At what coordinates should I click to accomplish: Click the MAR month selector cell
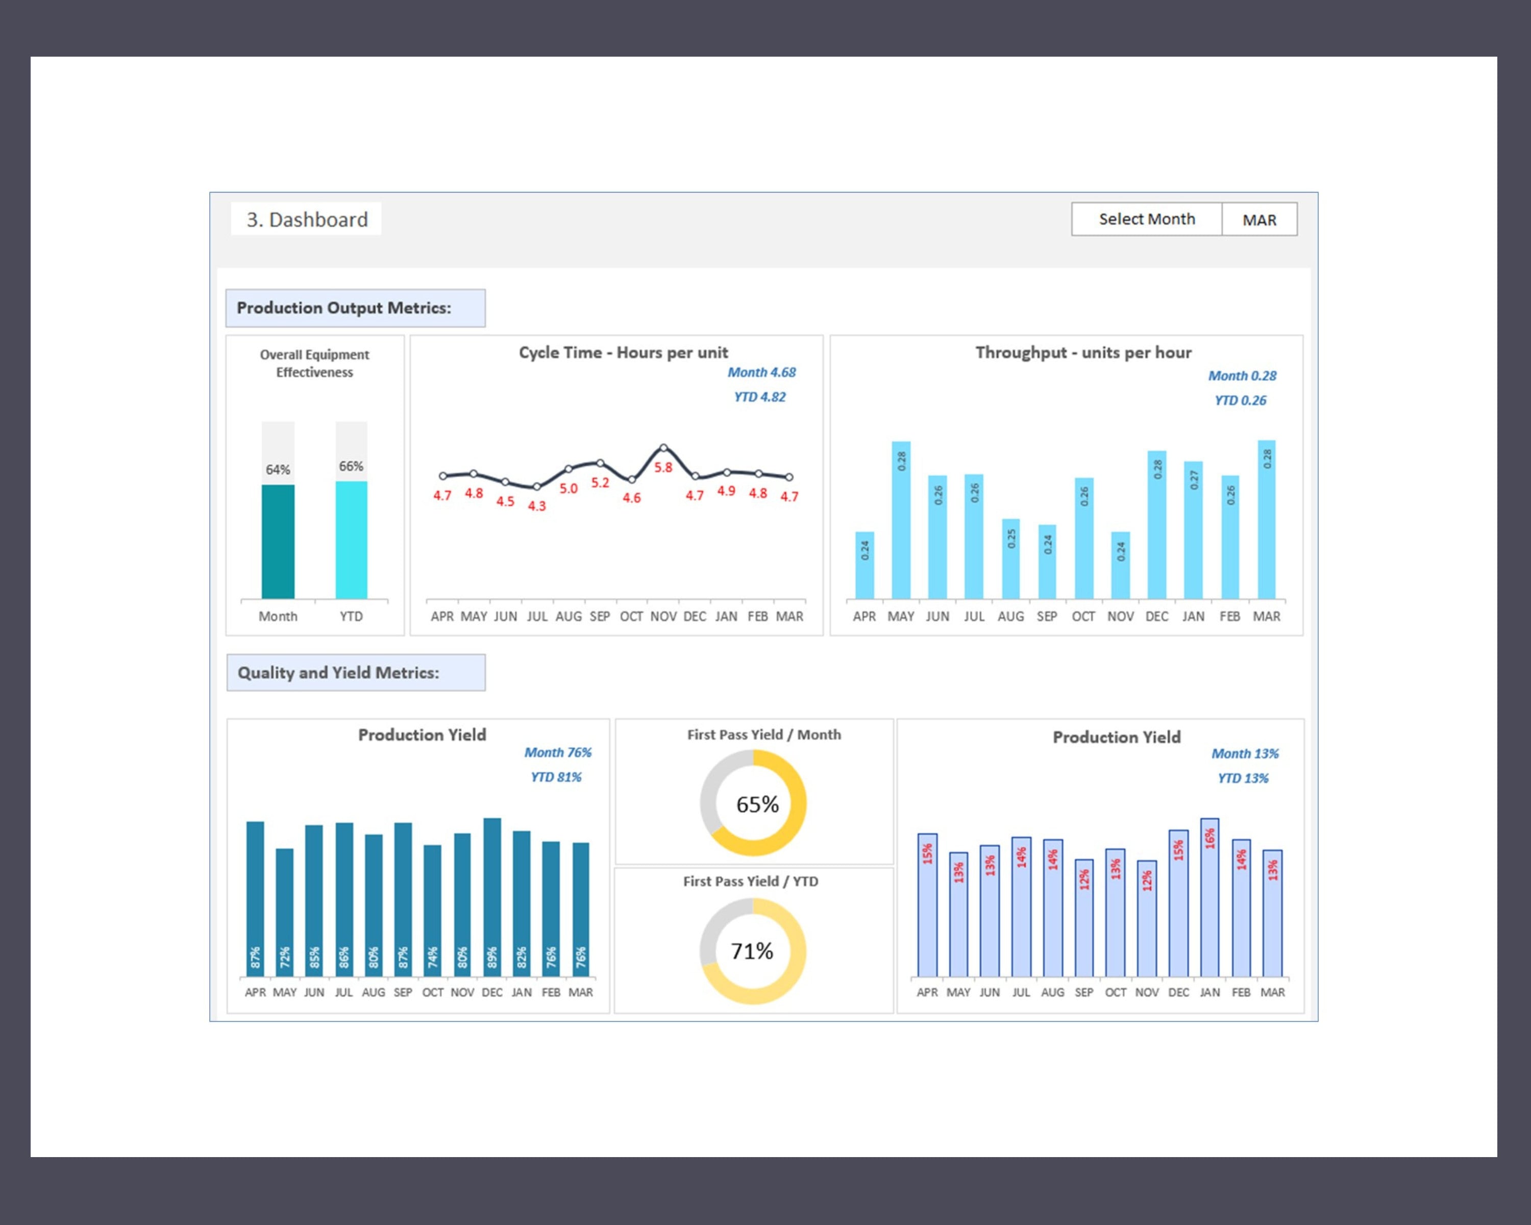coord(1259,219)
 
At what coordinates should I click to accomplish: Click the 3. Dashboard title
coord(307,219)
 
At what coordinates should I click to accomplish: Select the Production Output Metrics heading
coord(343,307)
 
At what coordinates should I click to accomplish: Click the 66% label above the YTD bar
coord(351,466)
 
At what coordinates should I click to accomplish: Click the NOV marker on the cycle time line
coord(663,448)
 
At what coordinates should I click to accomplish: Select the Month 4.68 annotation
coord(761,372)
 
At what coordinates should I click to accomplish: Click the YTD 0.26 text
coord(1240,401)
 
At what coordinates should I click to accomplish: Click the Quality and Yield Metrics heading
coord(338,673)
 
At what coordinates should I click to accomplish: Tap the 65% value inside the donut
coord(757,804)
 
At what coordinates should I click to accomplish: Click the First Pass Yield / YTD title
coord(751,881)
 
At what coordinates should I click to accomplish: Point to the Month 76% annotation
coord(557,752)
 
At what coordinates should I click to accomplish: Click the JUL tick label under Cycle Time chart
coord(537,617)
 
